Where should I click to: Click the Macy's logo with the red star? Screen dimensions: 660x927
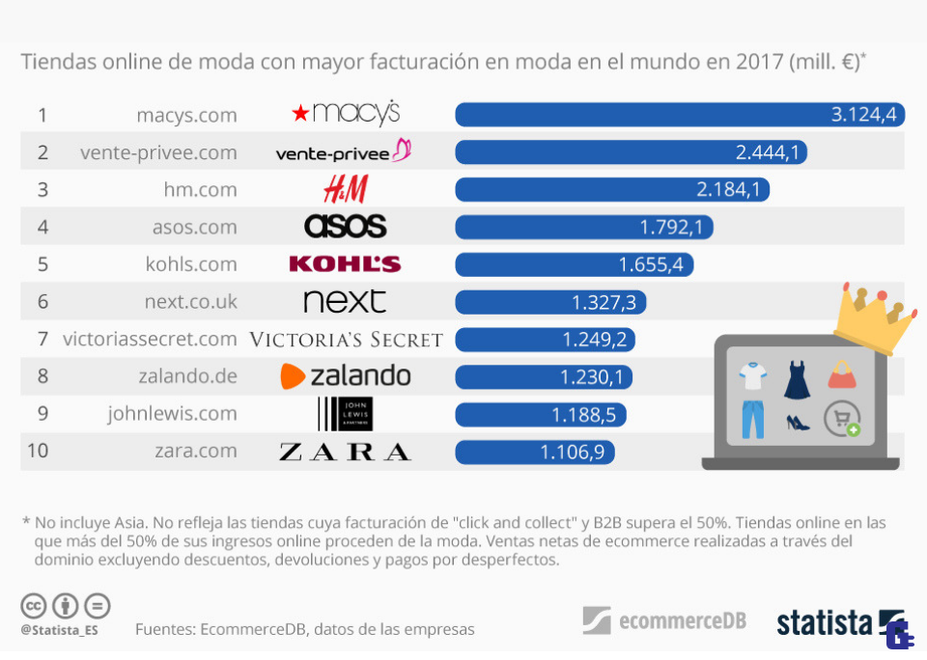tap(345, 114)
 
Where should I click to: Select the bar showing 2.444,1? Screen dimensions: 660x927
tap(631, 151)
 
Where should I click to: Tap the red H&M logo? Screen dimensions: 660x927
tap(345, 189)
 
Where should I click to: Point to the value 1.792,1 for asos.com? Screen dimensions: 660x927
tap(676, 227)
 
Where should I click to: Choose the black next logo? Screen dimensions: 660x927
tap(345, 301)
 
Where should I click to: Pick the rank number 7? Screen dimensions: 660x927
tap(42, 339)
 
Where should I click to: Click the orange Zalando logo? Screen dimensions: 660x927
tap(345, 375)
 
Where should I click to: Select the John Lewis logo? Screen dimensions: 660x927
tap(345, 414)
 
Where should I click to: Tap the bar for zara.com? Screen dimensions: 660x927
tap(534, 451)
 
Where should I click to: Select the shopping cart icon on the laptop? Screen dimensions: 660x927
tap(841, 420)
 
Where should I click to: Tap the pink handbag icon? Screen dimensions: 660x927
tap(842, 374)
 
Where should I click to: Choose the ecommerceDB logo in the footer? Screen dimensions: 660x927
tap(664, 620)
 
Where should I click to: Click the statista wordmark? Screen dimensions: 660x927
tap(825, 622)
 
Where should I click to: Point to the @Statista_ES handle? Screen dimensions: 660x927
tap(60, 630)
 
